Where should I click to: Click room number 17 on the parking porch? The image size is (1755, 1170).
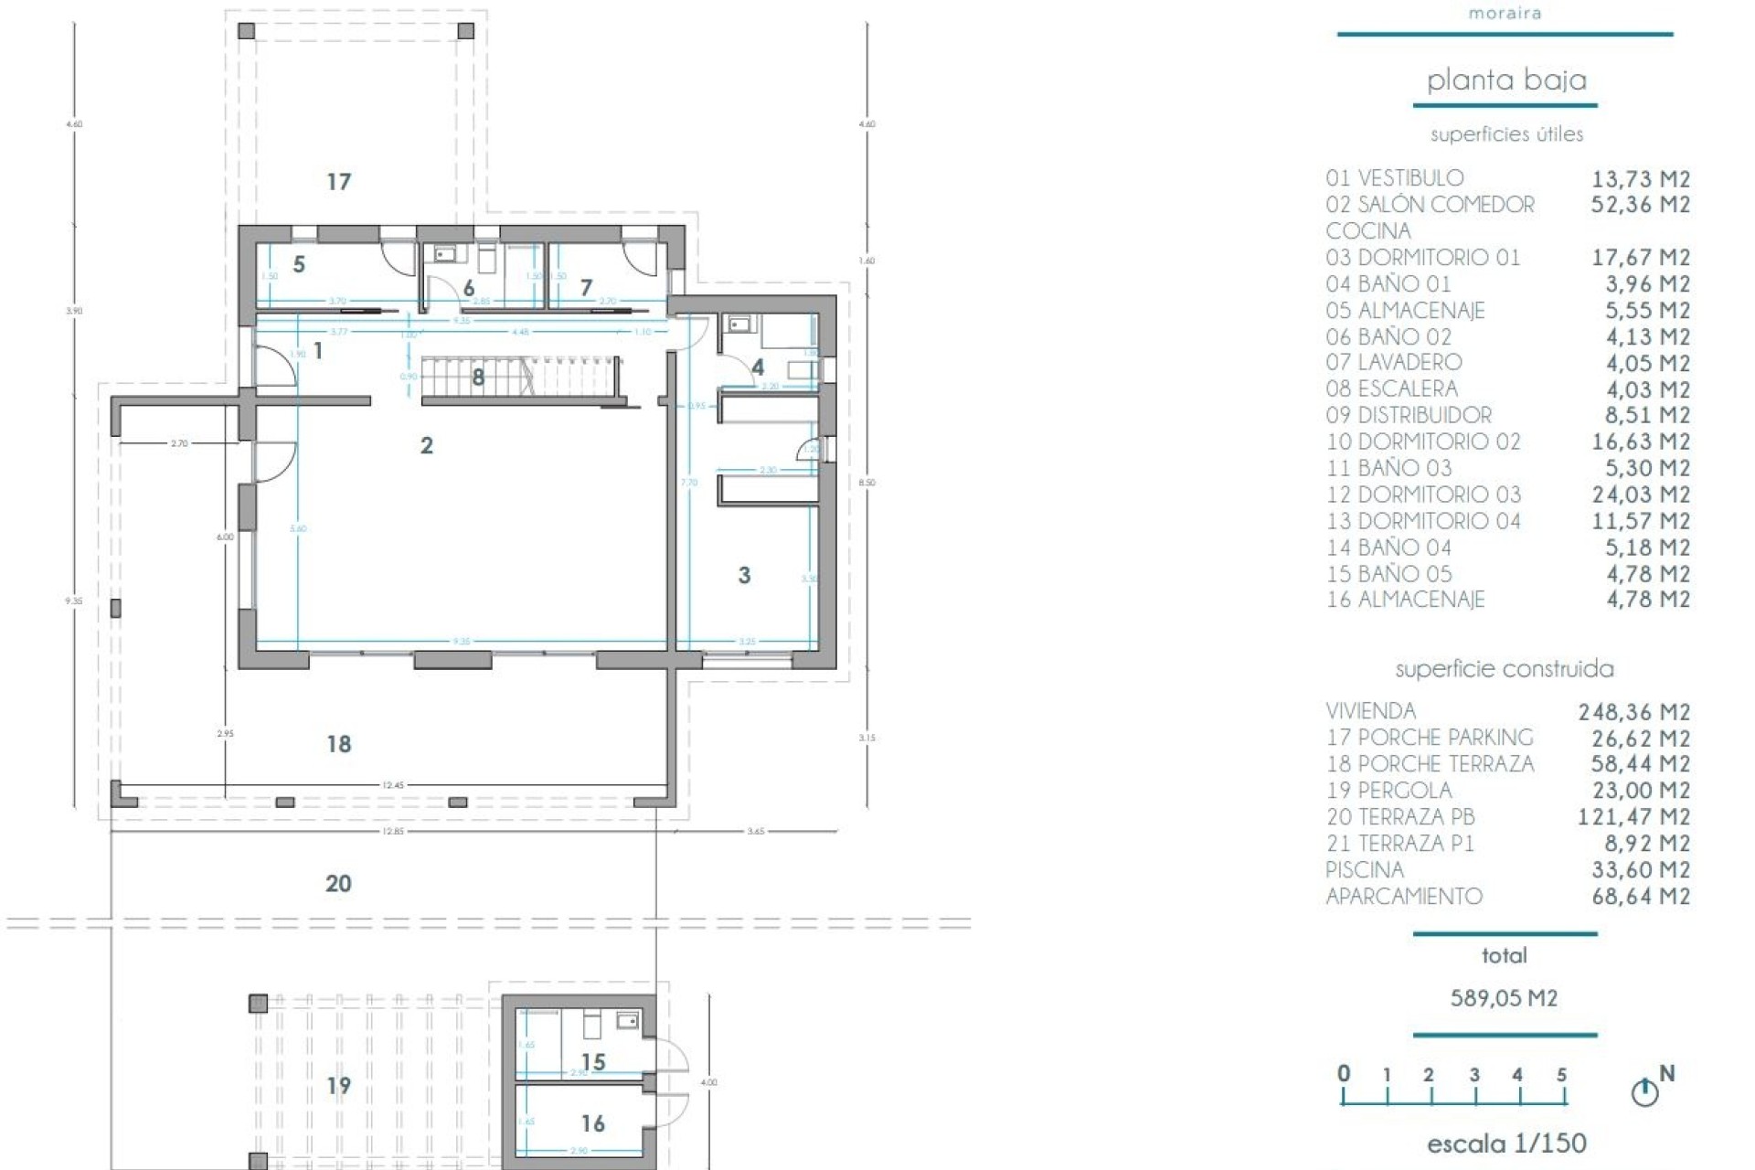pyautogui.click(x=338, y=182)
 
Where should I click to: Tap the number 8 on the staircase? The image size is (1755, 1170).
pyautogui.click(x=478, y=377)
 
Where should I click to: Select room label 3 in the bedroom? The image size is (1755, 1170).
pyautogui.click(x=744, y=575)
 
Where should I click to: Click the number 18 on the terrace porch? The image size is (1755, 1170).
pyautogui.click(x=338, y=744)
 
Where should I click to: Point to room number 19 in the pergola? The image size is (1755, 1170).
pyautogui.click(x=338, y=1086)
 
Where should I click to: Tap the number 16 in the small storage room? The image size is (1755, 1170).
pyautogui.click(x=592, y=1123)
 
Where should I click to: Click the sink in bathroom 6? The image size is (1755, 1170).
pyautogui.click(x=445, y=254)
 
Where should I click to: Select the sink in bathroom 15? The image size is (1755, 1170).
pyautogui.click(x=627, y=1020)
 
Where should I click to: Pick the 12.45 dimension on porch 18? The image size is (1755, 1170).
pyautogui.click(x=393, y=785)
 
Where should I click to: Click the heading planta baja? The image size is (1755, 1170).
pyautogui.click(x=1505, y=80)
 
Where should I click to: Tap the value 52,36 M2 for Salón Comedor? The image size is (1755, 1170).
pyautogui.click(x=1640, y=205)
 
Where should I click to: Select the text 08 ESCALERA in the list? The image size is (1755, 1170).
pyautogui.click(x=1391, y=389)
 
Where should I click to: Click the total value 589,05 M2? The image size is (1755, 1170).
pyautogui.click(x=1504, y=998)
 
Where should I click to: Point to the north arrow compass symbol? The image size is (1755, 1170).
pyautogui.click(x=1644, y=1091)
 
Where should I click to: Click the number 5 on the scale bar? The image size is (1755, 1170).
pyautogui.click(x=1561, y=1075)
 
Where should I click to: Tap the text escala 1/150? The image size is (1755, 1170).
pyautogui.click(x=1505, y=1143)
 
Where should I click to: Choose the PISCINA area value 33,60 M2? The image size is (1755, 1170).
pyautogui.click(x=1640, y=870)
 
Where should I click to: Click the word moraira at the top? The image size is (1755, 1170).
pyautogui.click(x=1505, y=13)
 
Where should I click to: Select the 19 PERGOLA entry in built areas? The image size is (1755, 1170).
pyautogui.click(x=1388, y=791)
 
